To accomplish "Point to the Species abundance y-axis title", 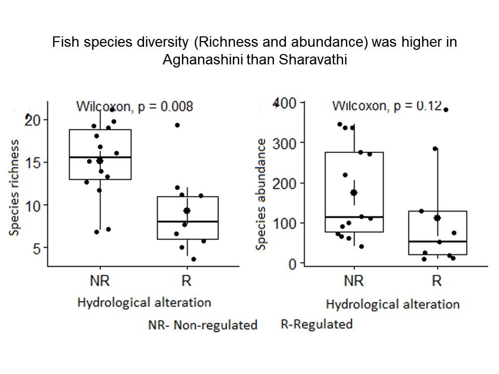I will (x=261, y=193).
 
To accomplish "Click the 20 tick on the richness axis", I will (x=33, y=119).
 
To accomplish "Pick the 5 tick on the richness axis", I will (x=36, y=248).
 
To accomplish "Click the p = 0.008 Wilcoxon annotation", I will (x=135, y=107).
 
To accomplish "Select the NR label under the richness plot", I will (x=100, y=282).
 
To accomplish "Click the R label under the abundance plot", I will (x=437, y=281).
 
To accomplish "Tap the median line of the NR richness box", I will (x=100, y=157).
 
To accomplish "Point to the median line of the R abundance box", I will (x=437, y=242).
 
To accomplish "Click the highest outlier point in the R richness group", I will (x=177, y=125).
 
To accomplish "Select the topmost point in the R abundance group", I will (x=445, y=110).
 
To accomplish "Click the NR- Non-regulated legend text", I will (x=203, y=325).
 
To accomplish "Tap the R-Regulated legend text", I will (x=317, y=325).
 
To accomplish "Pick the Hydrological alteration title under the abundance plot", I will (x=392, y=304).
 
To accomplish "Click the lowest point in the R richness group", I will (x=193, y=259).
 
